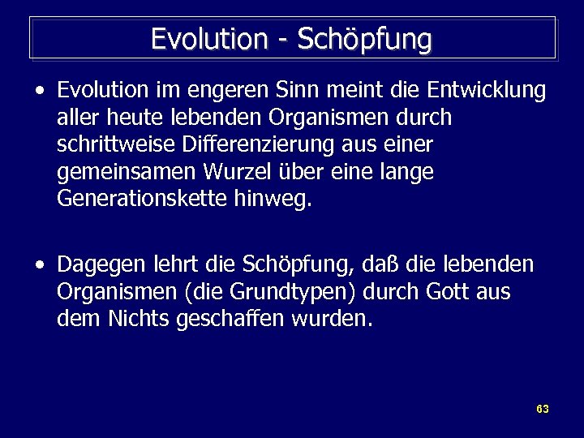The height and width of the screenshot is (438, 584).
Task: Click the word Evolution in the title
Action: [x=209, y=39]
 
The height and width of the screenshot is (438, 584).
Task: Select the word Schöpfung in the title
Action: [x=365, y=40]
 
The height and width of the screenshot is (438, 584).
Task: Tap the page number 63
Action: [x=543, y=409]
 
